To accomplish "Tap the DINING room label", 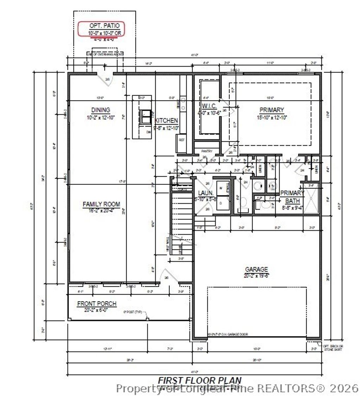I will click(x=101, y=110).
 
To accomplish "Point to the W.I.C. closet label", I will click(x=209, y=106).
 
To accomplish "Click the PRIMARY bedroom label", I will click(x=271, y=110).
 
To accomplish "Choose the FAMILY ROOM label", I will click(x=101, y=204).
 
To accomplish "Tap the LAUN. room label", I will click(x=204, y=193).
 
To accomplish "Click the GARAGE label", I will click(x=256, y=269).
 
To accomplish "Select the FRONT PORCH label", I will click(x=97, y=304).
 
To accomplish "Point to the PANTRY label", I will click(x=207, y=151).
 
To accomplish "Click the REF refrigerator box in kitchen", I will click(x=181, y=139).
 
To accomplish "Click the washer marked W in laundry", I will click(x=221, y=188).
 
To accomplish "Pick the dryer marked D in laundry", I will click(x=221, y=203).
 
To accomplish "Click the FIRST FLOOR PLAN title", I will click(x=199, y=380).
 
